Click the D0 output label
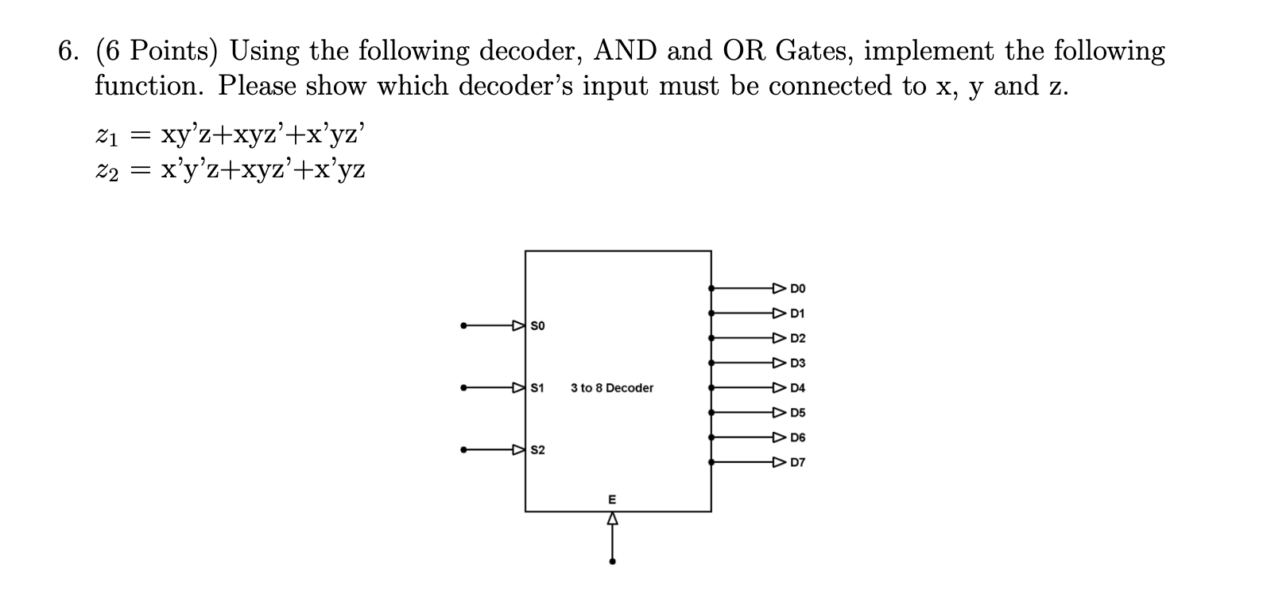click(x=798, y=288)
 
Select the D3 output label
click(x=798, y=363)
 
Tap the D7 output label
click(x=798, y=462)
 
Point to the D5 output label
click(x=798, y=413)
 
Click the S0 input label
click(x=537, y=325)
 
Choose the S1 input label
click(x=537, y=388)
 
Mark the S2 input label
click(x=537, y=450)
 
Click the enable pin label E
click(x=611, y=500)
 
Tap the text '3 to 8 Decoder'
click(x=612, y=388)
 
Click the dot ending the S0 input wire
click(x=464, y=325)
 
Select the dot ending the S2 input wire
click(x=464, y=450)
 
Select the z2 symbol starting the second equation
click(x=107, y=170)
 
